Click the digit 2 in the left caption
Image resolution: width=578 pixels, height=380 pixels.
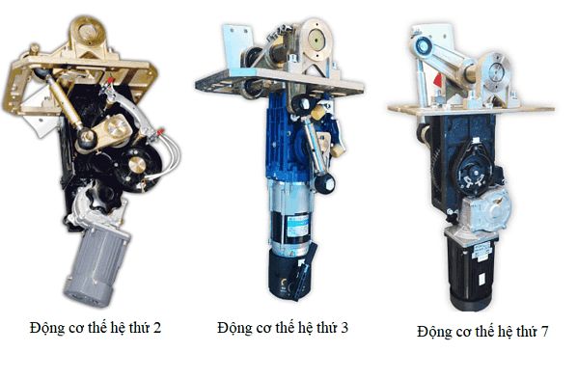point(157,328)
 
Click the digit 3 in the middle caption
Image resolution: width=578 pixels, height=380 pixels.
point(344,328)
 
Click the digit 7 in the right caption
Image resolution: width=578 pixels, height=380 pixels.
point(544,332)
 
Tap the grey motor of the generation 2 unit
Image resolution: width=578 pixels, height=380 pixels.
point(96,266)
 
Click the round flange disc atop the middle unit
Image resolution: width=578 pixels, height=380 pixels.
point(317,39)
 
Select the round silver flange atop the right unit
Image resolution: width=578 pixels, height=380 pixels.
point(496,71)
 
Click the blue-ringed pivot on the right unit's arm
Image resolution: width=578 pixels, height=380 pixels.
point(423,46)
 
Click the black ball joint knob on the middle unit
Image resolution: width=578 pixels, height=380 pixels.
point(325,183)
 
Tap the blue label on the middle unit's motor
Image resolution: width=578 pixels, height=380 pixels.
point(297,226)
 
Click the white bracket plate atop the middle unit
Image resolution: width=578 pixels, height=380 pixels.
point(235,41)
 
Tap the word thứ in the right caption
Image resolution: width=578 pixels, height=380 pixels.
point(527,332)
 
